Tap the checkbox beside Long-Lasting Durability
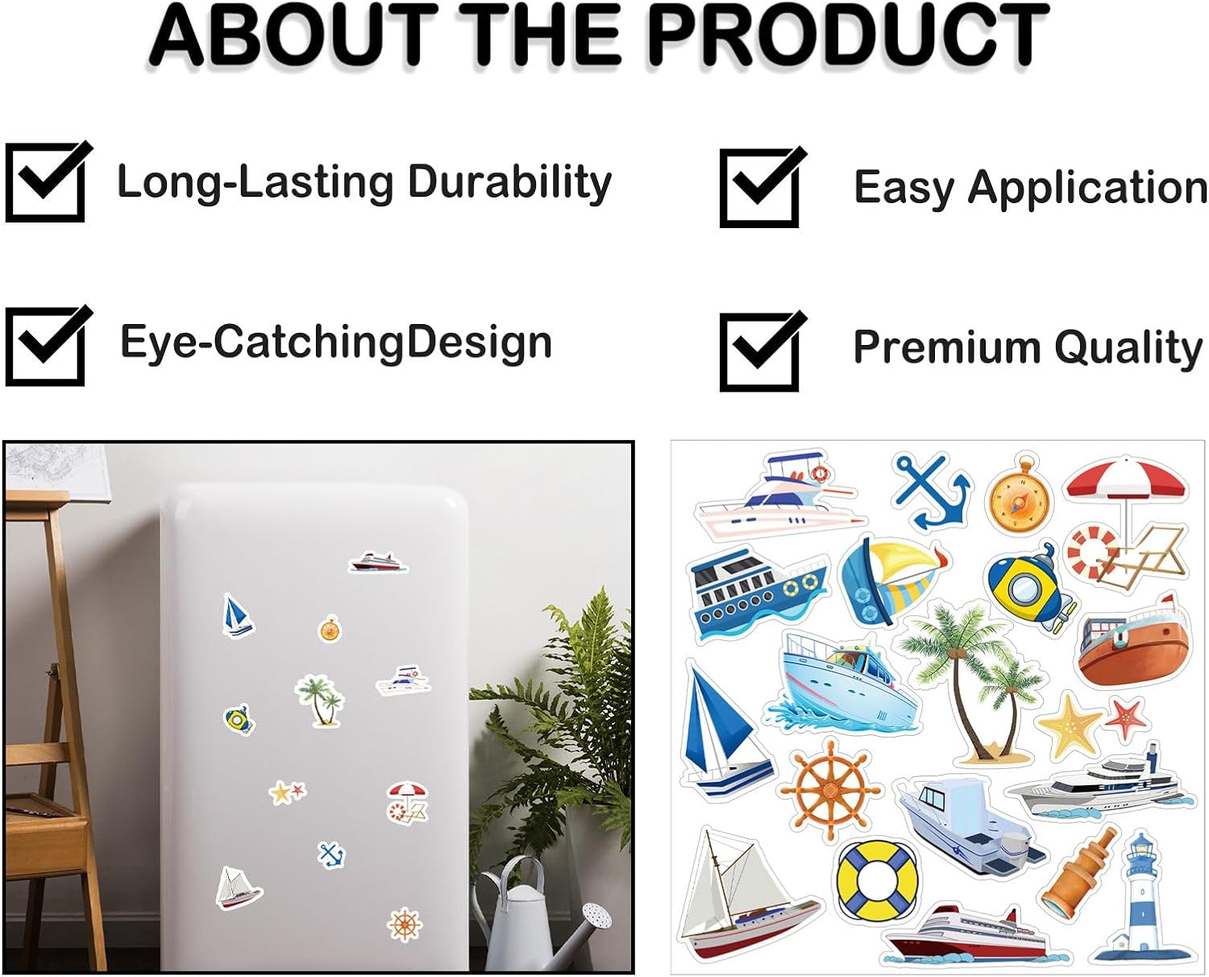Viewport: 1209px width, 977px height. click(x=45, y=182)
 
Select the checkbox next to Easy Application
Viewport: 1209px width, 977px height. click(x=759, y=188)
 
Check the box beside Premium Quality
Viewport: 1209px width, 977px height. click(x=759, y=351)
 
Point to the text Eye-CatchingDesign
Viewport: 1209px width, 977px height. click(x=336, y=342)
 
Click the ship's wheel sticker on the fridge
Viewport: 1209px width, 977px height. click(x=405, y=924)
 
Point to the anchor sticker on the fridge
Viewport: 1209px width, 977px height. click(x=331, y=854)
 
